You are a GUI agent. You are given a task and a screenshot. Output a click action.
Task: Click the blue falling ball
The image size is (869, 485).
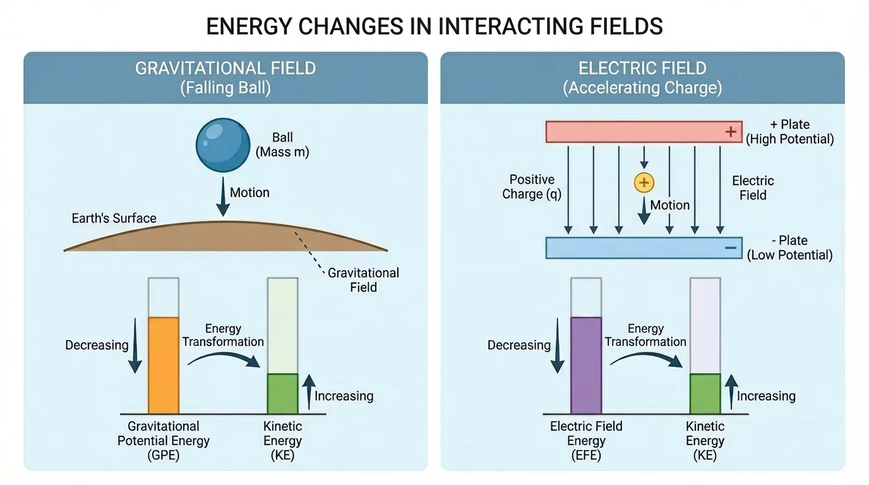(x=223, y=145)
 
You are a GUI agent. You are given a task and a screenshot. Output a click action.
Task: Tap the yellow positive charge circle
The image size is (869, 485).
(x=644, y=183)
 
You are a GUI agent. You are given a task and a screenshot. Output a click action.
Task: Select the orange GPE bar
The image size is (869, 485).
(x=164, y=365)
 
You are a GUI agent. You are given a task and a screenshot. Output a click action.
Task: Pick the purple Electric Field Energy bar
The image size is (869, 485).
(x=586, y=365)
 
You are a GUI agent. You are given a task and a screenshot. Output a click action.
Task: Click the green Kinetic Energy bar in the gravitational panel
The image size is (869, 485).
(x=282, y=393)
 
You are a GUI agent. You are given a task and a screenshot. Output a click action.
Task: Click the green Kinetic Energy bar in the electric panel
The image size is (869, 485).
(x=705, y=393)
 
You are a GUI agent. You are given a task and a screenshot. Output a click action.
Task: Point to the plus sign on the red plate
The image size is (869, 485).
(x=731, y=132)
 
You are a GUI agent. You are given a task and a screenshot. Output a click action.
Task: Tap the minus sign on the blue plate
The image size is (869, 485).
(x=731, y=248)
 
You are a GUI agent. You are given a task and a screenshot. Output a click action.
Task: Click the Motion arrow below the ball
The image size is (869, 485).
(x=222, y=198)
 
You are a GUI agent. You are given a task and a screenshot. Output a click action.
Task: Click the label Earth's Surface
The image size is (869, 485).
(x=114, y=219)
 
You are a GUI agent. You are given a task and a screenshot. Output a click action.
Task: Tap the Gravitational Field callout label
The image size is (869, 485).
(x=363, y=280)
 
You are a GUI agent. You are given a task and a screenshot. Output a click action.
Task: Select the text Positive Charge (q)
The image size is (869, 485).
(x=532, y=187)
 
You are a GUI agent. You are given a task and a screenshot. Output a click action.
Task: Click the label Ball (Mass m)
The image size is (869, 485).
(x=282, y=145)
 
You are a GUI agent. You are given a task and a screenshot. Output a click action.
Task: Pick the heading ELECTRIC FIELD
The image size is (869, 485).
(x=642, y=68)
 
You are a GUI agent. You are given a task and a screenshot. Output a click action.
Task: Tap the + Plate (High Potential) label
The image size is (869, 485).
(x=789, y=131)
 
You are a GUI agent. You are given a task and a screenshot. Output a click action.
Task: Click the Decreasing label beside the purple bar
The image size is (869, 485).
(x=519, y=345)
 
